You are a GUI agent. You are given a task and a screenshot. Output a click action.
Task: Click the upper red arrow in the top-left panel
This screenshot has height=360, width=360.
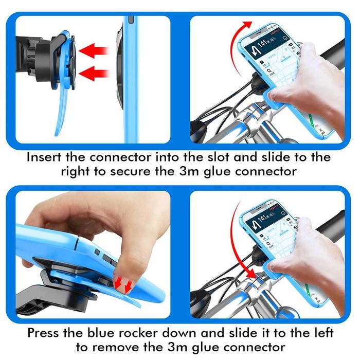point(95,50)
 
